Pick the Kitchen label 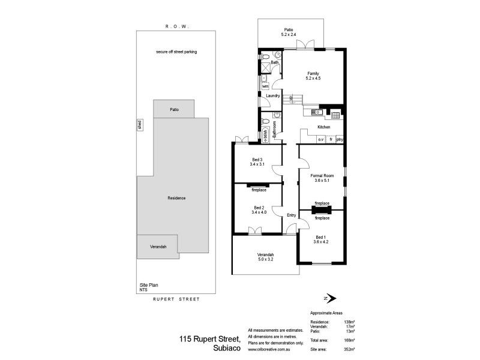[x=324, y=128]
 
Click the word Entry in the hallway [x=292, y=216]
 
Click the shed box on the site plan [x=139, y=125]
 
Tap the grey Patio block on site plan [x=174, y=109]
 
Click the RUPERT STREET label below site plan [x=175, y=298]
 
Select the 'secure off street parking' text [x=176, y=52]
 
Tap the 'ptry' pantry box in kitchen [x=340, y=139]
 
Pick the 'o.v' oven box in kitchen [x=321, y=139]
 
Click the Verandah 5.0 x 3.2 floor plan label [x=265, y=259]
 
